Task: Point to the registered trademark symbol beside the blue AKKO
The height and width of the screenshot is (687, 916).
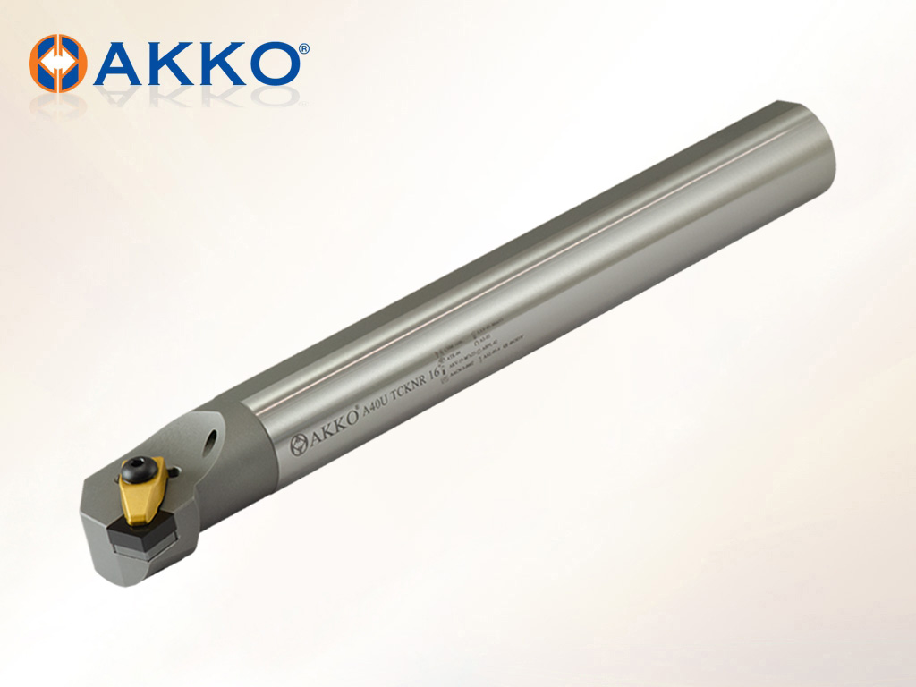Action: (304, 48)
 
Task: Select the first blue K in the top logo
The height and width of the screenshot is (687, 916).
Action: (170, 63)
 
